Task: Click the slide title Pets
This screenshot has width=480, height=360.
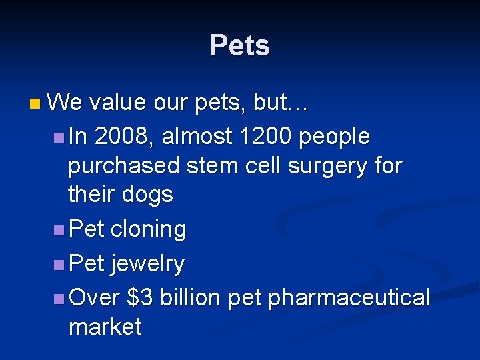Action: point(239,46)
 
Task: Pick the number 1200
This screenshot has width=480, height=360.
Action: point(266,136)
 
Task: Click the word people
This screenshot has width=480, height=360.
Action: point(335,137)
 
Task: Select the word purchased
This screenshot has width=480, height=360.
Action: point(124,166)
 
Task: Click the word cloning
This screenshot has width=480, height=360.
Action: point(148,230)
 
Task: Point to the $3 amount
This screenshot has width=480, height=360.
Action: point(139,297)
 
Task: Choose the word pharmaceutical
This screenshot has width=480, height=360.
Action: point(349,298)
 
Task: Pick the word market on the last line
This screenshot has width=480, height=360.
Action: point(105,327)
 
